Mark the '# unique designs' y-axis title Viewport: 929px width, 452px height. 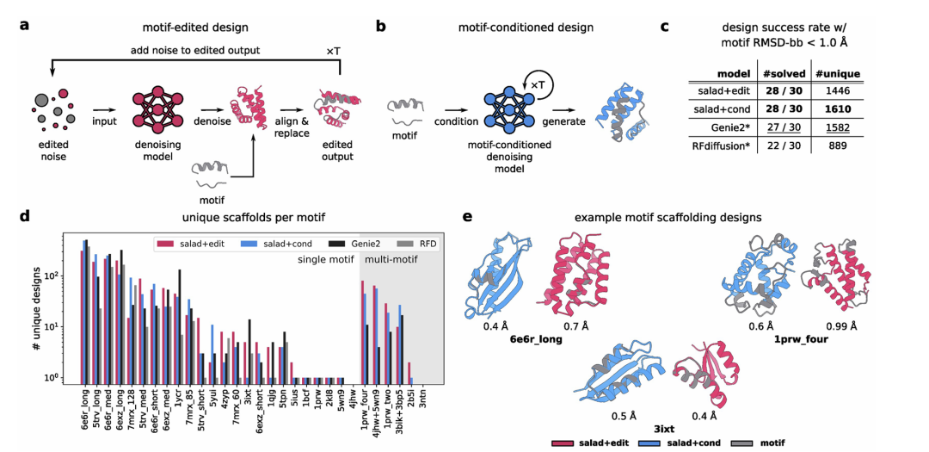[x=36, y=315]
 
